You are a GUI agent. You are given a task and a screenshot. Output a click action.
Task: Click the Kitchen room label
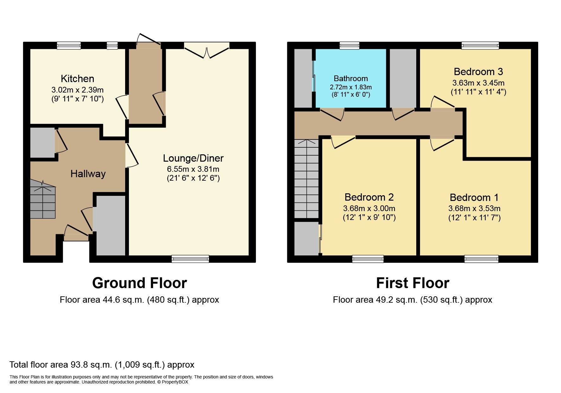[77, 79]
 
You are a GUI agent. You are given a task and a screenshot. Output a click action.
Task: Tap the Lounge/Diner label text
[193, 158]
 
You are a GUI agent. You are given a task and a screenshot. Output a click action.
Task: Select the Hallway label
[88, 174]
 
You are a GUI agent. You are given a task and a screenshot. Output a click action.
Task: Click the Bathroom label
[351, 78]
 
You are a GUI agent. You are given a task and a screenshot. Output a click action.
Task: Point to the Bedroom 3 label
[478, 72]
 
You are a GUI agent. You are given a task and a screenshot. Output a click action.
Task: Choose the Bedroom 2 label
[369, 197]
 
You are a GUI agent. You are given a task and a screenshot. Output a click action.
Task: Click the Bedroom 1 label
[474, 197]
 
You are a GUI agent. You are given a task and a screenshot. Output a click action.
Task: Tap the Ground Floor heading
[139, 283]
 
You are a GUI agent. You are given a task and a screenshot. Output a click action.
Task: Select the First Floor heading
[412, 283]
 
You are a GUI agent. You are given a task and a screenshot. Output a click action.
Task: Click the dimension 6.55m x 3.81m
[193, 169]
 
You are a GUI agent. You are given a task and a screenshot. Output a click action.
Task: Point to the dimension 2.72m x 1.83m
[351, 87]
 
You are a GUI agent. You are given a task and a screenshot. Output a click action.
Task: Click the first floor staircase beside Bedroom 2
[306, 179]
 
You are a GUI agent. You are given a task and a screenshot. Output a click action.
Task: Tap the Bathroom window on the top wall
[349, 46]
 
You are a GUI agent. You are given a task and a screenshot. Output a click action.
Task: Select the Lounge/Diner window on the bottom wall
[190, 259]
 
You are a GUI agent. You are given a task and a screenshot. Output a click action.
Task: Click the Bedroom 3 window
[480, 46]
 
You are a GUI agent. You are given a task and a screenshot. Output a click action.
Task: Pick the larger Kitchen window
[69, 46]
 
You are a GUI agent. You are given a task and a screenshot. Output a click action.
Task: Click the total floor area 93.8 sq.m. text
[102, 365]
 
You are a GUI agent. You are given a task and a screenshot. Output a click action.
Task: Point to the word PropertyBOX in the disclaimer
[175, 382]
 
